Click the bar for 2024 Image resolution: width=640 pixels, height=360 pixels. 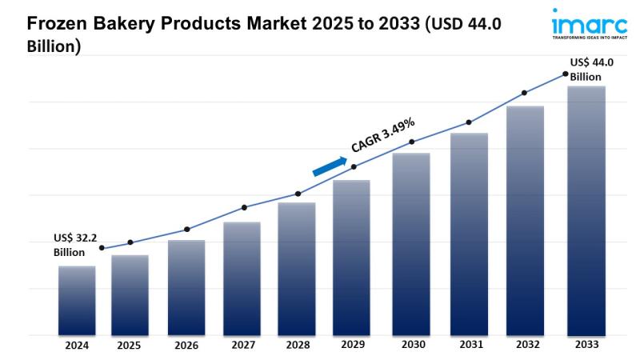pyautogui.click(x=77, y=300)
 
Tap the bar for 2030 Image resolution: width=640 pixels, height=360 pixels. pyautogui.click(x=411, y=243)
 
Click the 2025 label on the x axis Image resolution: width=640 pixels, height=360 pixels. pyautogui.click(x=129, y=346)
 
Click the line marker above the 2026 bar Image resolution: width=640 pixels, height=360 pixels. pyautogui.click(x=186, y=230)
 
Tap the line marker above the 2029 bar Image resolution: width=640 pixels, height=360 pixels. pyautogui.click(x=354, y=166)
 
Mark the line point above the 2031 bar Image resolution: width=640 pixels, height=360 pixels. pyautogui.click(x=468, y=122)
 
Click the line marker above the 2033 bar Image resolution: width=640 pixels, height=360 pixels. pyautogui.click(x=566, y=74)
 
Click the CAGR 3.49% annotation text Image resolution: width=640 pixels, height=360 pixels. pyautogui.click(x=382, y=134)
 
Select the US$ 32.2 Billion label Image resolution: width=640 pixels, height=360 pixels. pyautogui.click(x=74, y=245)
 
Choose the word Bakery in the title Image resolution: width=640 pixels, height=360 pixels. pyautogui.click(x=128, y=25)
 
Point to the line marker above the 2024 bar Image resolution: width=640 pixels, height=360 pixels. pyautogui.click(x=102, y=248)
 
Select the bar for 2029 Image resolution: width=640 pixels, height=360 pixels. pyautogui.click(x=351, y=257)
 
